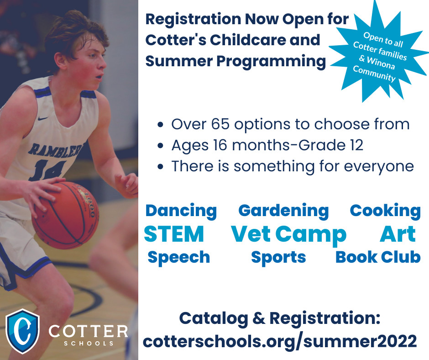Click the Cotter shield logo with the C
coord(22,331)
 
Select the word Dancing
coord(181,211)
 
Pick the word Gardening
coord(283,211)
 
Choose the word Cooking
coord(385,211)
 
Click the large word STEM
coord(173,234)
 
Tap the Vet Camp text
coord(288,234)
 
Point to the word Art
coord(397,234)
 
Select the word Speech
coord(178,257)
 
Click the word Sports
coord(278,257)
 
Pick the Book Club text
coord(377,257)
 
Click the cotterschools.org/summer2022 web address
coord(279,341)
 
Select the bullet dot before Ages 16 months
coord(160,146)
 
